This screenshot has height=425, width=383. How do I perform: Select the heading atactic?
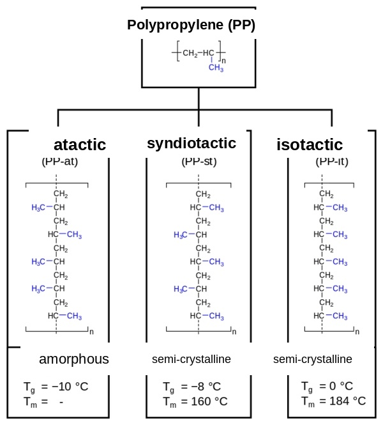pyautogui.click(x=80, y=144)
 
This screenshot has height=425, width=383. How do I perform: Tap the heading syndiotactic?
pyautogui.click(x=191, y=143)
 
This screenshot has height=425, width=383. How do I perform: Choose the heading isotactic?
pyautogui.click(x=310, y=144)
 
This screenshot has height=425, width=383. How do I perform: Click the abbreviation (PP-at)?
pyautogui.click(x=59, y=161)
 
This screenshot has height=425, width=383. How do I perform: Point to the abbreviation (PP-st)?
pyautogui.click(x=199, y=161)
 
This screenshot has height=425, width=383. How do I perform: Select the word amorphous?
pyautogui.click(x=74, y=359)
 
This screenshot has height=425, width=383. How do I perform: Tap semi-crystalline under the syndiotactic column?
pyautogui.click(x=191, y=359)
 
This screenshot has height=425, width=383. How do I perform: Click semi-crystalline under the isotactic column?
pyautogui.click(x=313, y=359)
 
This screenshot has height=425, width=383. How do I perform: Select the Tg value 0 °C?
pyautogui.click(x=337, y=387)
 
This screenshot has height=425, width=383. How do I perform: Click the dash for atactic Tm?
pyautogui.click(x=61, y=401)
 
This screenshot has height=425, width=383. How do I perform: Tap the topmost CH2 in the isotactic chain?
pyautogui.click(x=326, y=194)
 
